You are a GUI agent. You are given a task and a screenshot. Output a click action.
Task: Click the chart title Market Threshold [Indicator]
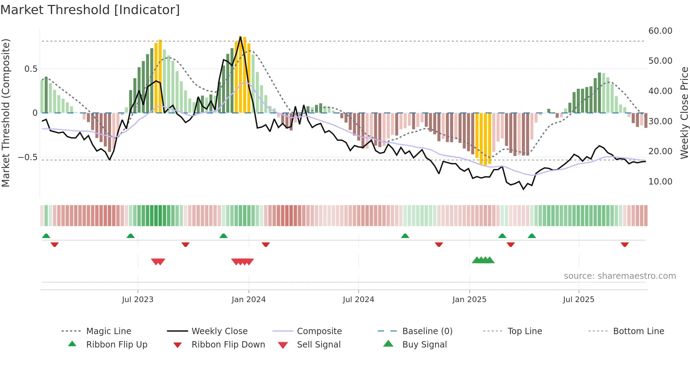point(90,10)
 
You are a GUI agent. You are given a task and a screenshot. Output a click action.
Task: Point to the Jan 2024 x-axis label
point(249,300)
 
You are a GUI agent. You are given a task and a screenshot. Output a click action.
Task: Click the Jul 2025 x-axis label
point(578,300)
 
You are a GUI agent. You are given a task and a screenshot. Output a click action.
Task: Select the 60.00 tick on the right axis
point(660,31)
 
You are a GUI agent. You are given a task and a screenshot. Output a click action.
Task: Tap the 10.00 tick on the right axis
point(660,182)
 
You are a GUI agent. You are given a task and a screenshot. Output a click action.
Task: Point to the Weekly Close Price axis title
point(684,113)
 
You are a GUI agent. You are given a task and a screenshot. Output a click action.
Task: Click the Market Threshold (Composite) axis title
point(6,113)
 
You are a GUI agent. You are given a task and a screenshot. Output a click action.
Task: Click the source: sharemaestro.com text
point(620,276)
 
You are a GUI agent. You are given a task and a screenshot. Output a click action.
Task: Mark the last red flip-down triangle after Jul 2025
point(625,244)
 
